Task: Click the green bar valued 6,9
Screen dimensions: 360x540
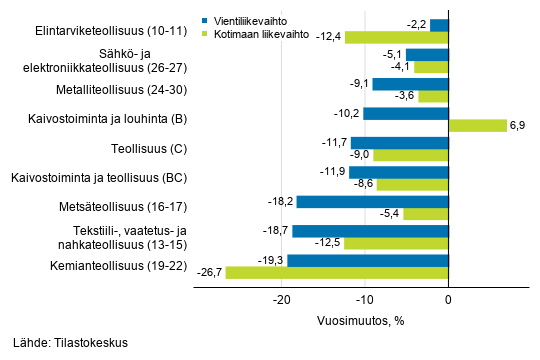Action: (478, 125)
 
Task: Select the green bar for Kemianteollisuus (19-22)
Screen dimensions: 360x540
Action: (337, 272)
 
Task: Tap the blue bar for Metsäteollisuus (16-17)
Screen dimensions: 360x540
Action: (372, 202)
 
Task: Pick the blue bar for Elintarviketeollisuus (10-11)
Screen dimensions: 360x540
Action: (439, 25)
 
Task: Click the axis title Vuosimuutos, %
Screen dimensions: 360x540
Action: (363, 320)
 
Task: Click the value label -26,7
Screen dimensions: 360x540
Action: (209, 272)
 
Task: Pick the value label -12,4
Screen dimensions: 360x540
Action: (329, 37)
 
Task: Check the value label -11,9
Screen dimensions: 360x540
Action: (332, 172)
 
